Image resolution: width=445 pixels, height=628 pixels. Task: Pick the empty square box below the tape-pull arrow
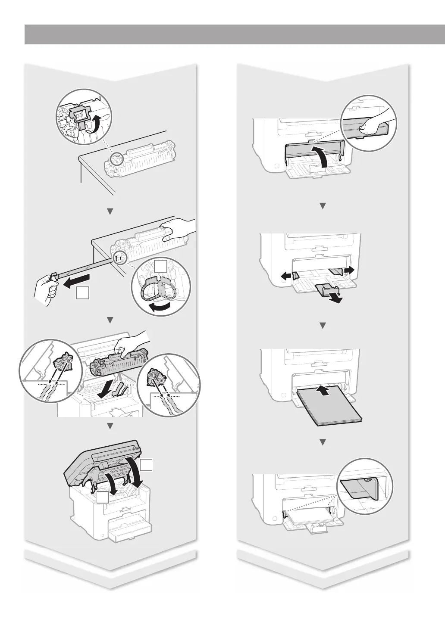coord(82,293)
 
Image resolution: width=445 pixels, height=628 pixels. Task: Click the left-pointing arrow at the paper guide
coord(285,276)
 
